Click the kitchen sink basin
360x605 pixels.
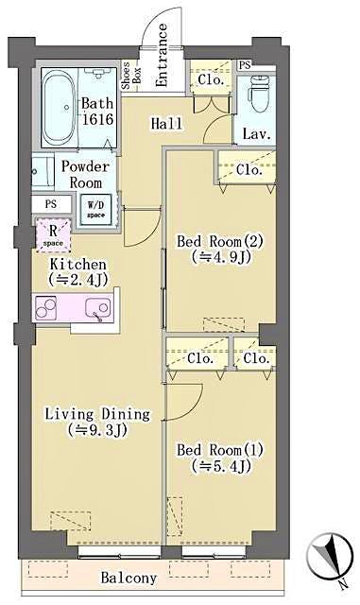(x=95, y=308)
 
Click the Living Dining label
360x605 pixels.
(x=96, y=413)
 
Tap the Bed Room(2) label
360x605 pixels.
(x=219, y=241)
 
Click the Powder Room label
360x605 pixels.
(x=85, y=174)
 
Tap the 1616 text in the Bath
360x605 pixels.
(x=98, y=120)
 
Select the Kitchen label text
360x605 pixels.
(x=77, y=265)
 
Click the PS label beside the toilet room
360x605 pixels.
(x=245, y=64)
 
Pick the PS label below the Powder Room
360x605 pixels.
(x=50, y=203)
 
